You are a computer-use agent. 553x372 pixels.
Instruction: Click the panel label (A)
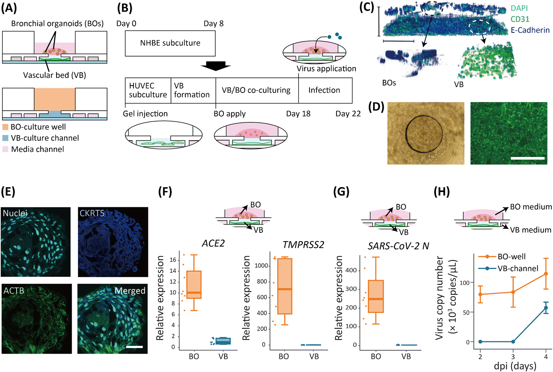[9, 8]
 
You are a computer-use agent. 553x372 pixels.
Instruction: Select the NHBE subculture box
[170, 43]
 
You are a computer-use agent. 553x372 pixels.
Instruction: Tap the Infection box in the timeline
[325, 90]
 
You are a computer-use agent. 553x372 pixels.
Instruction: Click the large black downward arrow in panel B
[215, 66]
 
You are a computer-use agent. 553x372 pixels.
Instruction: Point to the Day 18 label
[298, 114]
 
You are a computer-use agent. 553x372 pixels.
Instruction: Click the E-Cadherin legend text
[530, 30]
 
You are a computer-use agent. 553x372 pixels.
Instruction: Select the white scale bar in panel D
[527, 158]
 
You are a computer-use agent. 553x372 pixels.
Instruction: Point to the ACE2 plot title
[213, 243]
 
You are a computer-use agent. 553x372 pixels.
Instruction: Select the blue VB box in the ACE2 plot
[223, 341]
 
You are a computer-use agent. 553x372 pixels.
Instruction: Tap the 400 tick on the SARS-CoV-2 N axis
[352, 271]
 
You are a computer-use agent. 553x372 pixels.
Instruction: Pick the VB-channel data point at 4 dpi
[546, 308]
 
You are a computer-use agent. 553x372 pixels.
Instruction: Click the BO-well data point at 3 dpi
[513, 292]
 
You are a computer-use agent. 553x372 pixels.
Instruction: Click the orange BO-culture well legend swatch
[5, 127]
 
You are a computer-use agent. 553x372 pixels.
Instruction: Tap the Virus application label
[326, 69]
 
